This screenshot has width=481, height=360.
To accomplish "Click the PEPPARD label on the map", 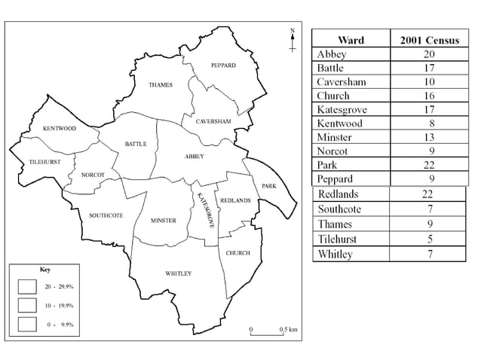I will (x=223, y=66).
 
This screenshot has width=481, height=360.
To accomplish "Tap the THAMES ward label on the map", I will (x=161, y=84).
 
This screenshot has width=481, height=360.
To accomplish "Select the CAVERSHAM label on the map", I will (x=213, y=121).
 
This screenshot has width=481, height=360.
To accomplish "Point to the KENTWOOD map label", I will (x=60, y=129).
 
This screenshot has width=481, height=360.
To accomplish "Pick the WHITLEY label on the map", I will (x=178, y=273).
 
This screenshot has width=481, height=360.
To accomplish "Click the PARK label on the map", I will (x=269, y=185).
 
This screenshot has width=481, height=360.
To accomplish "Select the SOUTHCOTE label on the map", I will (x=106, y=215).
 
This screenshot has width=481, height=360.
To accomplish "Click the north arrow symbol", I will (x=293, y=40).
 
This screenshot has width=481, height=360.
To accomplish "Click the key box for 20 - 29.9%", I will (x=29, y=287).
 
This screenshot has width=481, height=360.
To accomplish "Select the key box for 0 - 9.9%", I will (x=29, y=323).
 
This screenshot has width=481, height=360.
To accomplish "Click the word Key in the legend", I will (x=45, y=269).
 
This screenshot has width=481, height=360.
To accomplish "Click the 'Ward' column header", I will (x=351, y=39).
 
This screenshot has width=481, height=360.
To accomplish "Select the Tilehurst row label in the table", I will (x=339, y=240).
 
